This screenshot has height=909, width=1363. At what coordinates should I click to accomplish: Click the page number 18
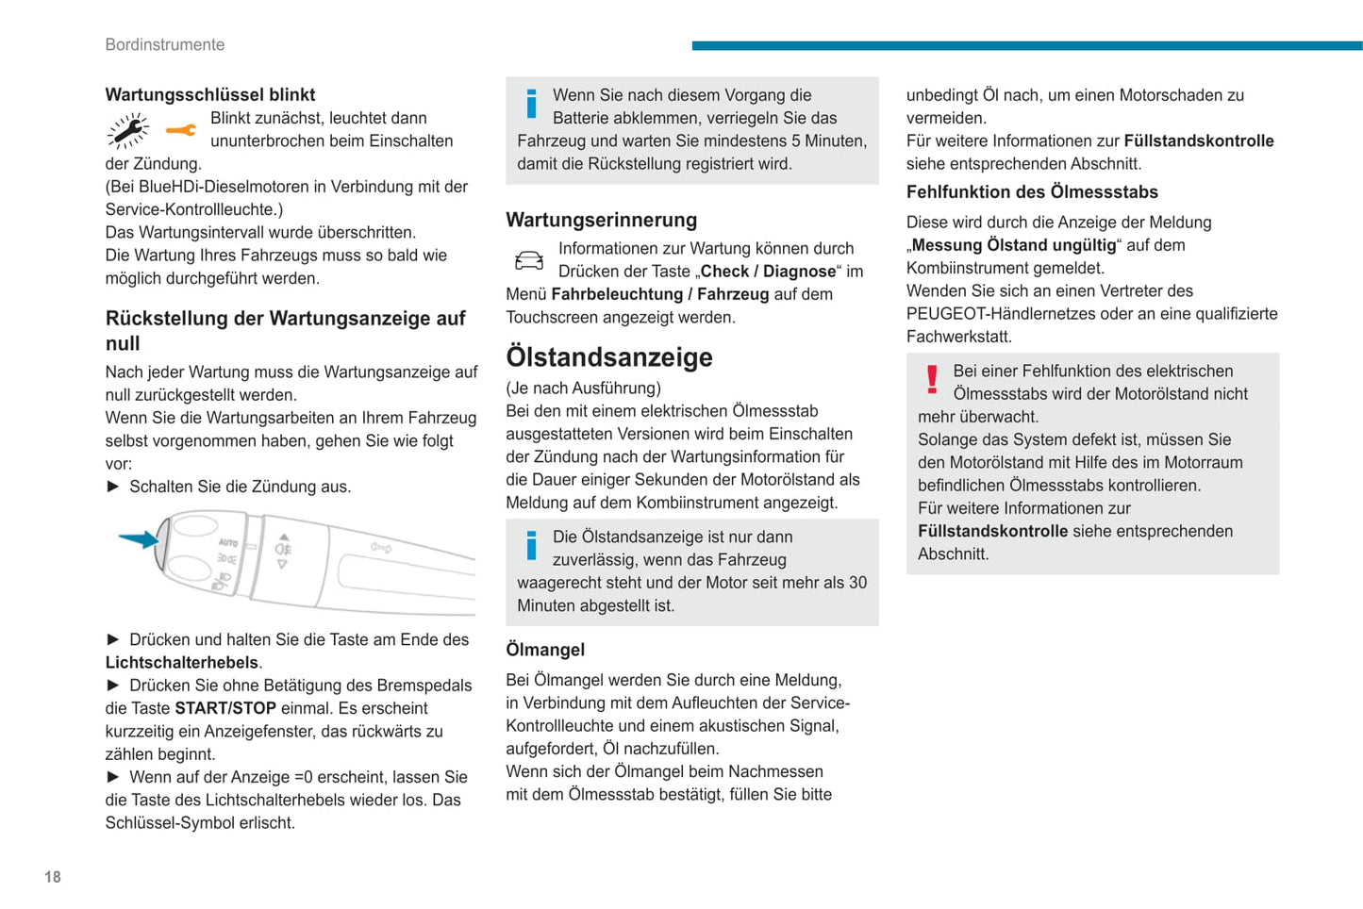pos(53,877)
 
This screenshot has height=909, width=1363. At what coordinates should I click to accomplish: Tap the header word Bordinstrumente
pos(164,44)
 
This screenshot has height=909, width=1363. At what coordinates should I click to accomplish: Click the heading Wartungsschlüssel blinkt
pos(209,94)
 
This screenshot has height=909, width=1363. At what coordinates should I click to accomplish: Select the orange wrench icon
pos(180,130)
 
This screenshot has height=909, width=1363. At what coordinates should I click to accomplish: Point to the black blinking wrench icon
pos(128,131)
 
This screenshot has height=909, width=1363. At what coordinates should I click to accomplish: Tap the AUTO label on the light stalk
pos(228,542)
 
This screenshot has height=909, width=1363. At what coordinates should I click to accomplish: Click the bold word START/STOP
pos(225,708)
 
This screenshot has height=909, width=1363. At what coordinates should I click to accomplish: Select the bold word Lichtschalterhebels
pos(181,662)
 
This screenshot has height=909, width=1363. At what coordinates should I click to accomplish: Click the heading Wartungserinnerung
pos(601,220)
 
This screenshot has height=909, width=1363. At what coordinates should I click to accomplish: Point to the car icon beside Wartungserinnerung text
pos(529,260)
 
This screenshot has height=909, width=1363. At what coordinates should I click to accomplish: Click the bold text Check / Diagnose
pos(768,272)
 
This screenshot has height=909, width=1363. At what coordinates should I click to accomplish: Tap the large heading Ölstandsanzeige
pos(608,357)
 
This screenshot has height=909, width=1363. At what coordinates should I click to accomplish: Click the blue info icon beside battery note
pos(531,104)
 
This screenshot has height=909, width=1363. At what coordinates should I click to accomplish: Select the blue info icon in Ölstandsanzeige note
pos(531,545)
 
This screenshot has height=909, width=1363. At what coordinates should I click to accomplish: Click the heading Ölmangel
pos(545,650)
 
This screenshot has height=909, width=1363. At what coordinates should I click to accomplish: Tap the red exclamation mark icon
pos(932,379)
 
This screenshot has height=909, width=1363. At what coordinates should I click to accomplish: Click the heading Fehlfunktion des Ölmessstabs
pos(1032,191)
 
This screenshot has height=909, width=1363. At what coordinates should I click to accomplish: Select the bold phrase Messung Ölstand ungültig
pos(1013,245)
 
